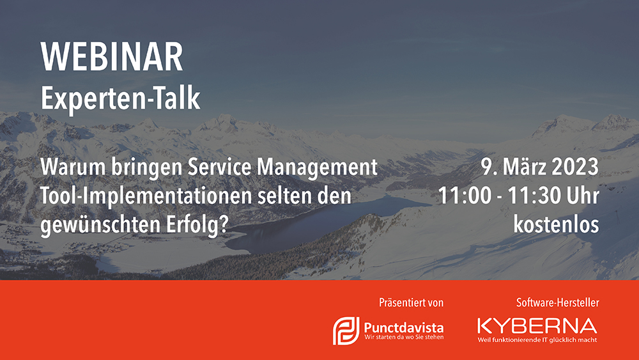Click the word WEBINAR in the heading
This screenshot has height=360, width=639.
point(112,57)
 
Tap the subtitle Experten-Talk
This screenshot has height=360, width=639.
point(120,98)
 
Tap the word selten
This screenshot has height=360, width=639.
point(281,196)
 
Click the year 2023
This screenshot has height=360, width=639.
point(575,167)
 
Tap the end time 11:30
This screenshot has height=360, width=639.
point(528,196)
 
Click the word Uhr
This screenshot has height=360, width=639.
point(577,196)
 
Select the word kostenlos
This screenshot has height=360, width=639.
point(557,224)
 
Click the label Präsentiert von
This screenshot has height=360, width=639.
point(411,302)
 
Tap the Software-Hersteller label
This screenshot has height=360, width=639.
point(557,302)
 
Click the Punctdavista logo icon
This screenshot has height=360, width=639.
point(346,331)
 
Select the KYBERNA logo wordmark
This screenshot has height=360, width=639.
point(537,325)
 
